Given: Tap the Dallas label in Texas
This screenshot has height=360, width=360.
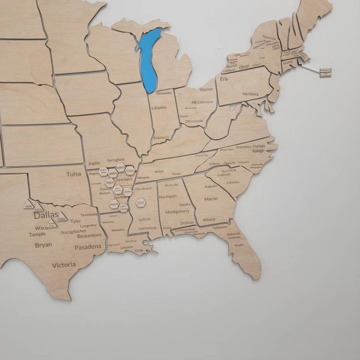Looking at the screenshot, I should point(46,215).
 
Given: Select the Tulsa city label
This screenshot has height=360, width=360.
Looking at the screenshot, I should point(73,174).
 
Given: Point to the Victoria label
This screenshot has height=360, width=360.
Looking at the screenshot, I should point(64,265).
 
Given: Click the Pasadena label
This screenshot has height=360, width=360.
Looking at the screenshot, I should point(87,247).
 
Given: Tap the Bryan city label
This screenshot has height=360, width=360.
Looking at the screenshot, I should point(43,245).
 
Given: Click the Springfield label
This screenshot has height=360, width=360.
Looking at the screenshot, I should point(116,161).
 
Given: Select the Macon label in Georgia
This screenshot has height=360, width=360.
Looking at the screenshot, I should point(211,199).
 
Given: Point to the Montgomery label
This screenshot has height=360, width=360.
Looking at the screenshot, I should point(177,211).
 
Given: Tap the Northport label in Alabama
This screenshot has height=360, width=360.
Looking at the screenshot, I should point(169,196).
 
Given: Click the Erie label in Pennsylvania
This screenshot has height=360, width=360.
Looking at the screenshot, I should point(224,79).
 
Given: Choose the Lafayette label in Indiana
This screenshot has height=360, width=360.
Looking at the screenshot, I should point(159,107).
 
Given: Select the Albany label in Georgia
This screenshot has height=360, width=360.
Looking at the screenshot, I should point(209,220).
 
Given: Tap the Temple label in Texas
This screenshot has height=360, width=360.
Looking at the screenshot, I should point(37,234).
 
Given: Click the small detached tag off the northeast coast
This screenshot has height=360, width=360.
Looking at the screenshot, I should point(326,72).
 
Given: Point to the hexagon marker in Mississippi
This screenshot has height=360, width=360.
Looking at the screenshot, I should point(140,203).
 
